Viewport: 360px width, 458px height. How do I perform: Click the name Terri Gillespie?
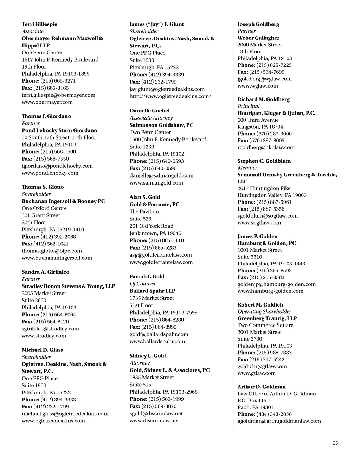point(39,24)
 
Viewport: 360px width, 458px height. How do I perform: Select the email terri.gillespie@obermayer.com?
point(58,95)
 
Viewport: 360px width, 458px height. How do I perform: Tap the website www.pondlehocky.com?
point(50,173)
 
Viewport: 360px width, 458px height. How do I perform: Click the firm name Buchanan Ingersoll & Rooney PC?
point(63,201)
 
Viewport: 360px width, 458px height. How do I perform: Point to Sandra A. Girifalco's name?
point(45,272)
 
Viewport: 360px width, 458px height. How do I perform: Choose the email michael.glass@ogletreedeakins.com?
point(65,414)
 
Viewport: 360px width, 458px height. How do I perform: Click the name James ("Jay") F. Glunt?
point(156,24)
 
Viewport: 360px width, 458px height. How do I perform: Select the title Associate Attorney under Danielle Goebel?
point(151,118)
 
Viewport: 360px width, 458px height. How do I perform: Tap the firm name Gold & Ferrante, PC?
point(154,205)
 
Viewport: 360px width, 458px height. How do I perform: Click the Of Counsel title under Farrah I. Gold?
point(142,284)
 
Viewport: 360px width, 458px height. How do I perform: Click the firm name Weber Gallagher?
point(258,38)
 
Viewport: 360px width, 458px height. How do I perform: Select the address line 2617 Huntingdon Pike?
point(264,188)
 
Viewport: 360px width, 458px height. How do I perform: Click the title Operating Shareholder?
point(264,311)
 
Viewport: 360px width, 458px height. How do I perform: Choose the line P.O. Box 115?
point(252,400)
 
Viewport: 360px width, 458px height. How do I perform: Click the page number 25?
point(335,443)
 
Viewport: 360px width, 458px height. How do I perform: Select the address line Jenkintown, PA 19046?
point(155,233)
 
